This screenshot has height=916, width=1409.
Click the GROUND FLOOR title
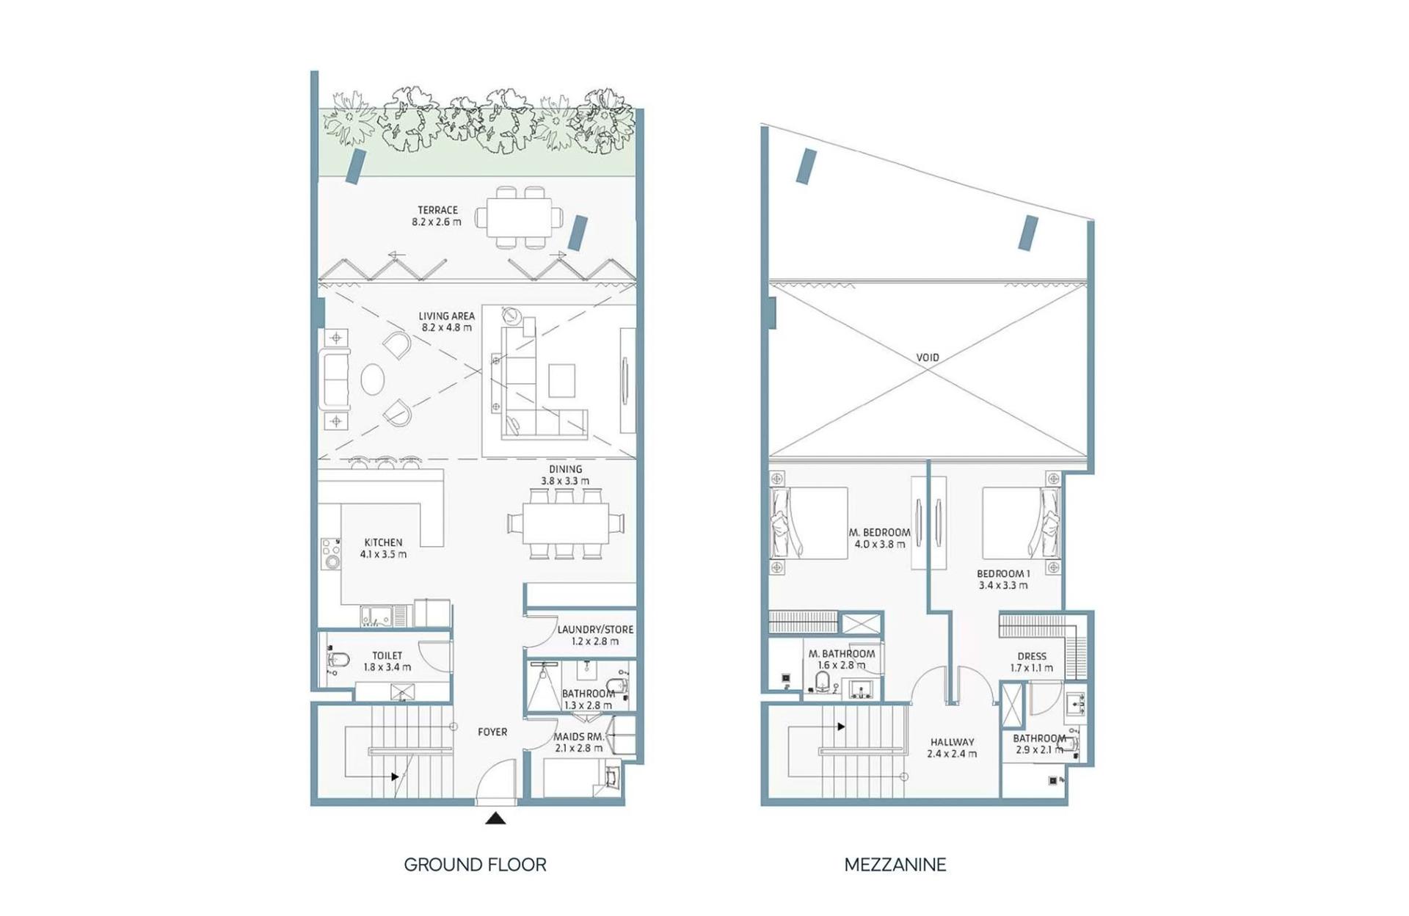click(475, 865)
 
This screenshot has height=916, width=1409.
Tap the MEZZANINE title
click(895, 865)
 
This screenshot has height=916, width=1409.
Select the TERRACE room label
click(438, 210)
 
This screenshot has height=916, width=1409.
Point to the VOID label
click(928, 357)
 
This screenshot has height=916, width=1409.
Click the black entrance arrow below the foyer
click(495, 818)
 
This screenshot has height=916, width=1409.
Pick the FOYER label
click(492, 732)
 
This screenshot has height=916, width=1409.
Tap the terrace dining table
click(519, 217)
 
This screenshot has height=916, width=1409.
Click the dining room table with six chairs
click(566, 523)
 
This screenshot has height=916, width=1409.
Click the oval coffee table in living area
click(373, 379)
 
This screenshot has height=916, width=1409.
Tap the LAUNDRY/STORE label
click(595, 629)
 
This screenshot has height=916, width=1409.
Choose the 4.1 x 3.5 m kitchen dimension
click(383, 554)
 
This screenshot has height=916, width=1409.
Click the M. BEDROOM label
click(880, 532)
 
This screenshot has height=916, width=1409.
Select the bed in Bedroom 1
click(1022, 523)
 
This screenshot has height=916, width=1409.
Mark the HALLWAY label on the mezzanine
click(952, 742)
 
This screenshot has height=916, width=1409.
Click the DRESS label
click(1032, 656)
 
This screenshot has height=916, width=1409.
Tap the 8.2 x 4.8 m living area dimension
click(447, 327)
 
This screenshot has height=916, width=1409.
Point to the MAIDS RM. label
click(579, 736)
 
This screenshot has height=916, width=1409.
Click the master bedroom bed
click(809, 523)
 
